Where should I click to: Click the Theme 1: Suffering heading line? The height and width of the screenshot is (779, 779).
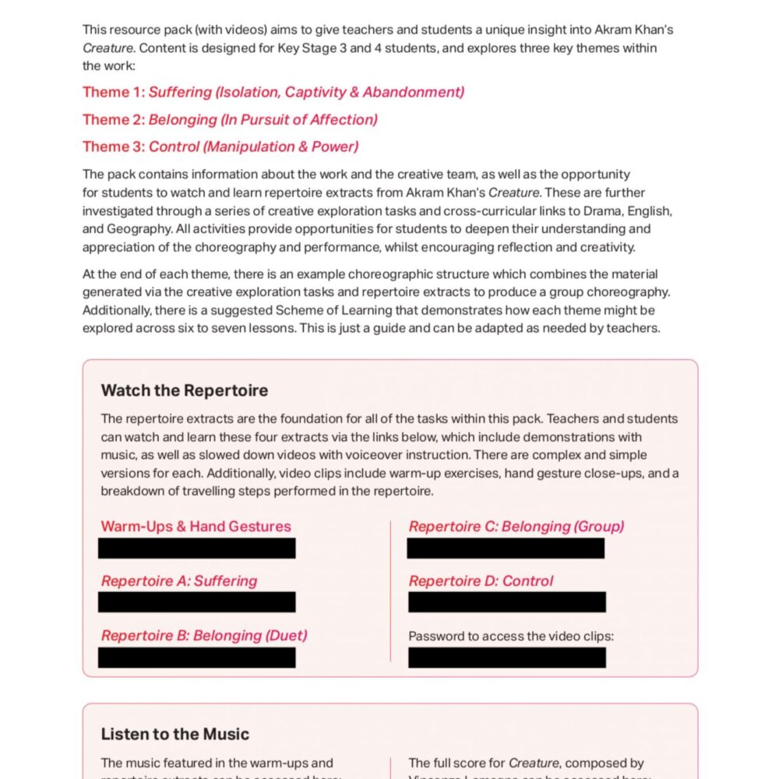(x=273, y=92)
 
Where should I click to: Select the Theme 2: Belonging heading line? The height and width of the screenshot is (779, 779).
(x=230, y=119)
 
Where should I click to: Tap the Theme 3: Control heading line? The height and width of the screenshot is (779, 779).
(x=220, y=146)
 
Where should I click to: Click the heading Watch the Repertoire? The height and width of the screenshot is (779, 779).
(x=185, y=390)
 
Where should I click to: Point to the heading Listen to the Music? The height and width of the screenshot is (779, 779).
(x=175, y=734)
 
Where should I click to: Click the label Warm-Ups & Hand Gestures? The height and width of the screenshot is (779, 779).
(x=196, y=527)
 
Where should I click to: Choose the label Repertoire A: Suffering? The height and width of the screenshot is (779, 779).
(x=179, y=581)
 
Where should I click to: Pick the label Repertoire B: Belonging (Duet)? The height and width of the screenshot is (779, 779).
(x=204, y=636)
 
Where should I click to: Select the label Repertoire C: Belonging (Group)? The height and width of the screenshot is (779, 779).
(x=516, y=527)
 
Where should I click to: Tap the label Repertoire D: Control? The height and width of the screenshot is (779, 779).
(x=481, y=581)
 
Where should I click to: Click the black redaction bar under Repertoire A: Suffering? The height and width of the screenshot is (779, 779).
(x=197, y=602)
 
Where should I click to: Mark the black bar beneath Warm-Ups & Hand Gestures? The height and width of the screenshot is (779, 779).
(x=197, y=548)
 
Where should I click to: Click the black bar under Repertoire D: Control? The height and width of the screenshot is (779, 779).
(x=506, y=602)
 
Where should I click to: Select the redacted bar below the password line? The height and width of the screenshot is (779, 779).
(x=506, y=657)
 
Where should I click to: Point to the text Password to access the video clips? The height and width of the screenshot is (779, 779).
(x=511, y=636)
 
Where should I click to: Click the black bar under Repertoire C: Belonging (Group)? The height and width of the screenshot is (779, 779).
(x=506, y=548)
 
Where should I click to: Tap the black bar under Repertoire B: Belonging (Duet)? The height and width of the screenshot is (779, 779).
(x=197, y=657)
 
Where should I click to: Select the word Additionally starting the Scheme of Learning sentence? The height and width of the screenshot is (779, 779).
(x=120, y=310)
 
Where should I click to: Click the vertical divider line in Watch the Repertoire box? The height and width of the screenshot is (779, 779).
(x=389, y=592)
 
